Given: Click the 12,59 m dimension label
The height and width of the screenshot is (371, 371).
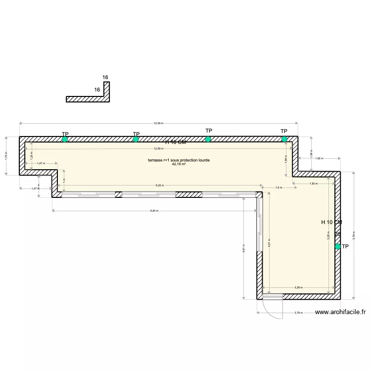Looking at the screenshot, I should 158,124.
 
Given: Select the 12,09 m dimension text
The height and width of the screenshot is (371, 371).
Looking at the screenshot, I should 158,148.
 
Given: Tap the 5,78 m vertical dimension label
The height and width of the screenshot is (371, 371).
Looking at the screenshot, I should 353,234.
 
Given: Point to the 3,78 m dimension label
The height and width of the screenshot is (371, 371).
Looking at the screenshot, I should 298,313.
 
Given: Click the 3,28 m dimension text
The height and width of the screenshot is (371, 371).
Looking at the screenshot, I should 298,287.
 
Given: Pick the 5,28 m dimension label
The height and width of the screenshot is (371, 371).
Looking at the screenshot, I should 328,236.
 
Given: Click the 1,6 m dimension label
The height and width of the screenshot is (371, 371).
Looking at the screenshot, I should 278,187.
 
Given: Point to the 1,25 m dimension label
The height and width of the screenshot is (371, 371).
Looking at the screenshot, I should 31,156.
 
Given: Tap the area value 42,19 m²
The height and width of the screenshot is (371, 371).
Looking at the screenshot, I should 179,164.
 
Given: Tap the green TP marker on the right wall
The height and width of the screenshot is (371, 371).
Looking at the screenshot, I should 338,246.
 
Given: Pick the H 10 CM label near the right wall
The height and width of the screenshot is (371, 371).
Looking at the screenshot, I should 331,223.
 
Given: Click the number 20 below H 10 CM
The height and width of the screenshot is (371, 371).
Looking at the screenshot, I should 337,234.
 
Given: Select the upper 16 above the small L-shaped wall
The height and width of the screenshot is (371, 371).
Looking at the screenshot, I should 105,78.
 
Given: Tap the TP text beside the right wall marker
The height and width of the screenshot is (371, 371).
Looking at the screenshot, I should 345,246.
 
